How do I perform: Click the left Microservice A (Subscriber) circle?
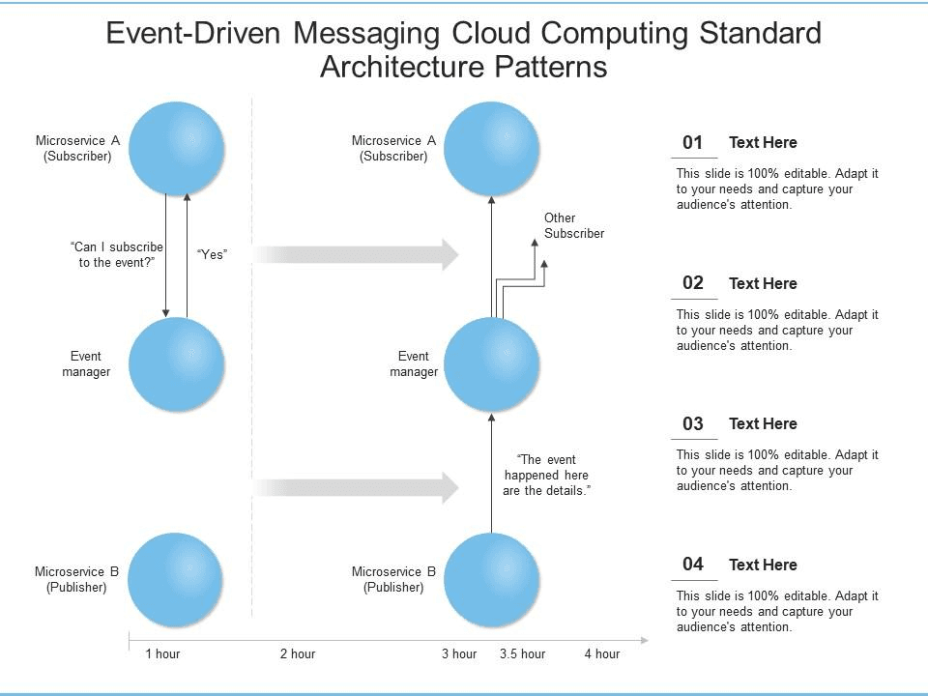pos(176,147)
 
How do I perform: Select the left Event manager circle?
pos(176,364)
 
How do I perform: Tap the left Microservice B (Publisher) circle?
pos(176,579)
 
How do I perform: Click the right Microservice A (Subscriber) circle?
pos(491,147)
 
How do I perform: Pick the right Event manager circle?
pos(491,364)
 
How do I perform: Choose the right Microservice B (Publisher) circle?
pos(491,579)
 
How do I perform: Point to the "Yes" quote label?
pos(212,254)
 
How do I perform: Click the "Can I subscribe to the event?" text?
pos(117,255)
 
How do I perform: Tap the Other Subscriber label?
pos(574,225)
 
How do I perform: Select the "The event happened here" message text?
pos(546,476)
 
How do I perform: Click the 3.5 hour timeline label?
pos(522,654)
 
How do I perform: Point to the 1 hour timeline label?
pos(162,654)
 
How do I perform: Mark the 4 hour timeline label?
pos(601,654)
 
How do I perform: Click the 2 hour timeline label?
pos(298,654)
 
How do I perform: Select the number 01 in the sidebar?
pos(692,143)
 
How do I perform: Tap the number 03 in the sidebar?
pos(692,423)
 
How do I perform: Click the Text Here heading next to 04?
pos(763,565)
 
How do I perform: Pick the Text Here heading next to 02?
pos(763,283)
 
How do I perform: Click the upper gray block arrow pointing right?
pos(358,254)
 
